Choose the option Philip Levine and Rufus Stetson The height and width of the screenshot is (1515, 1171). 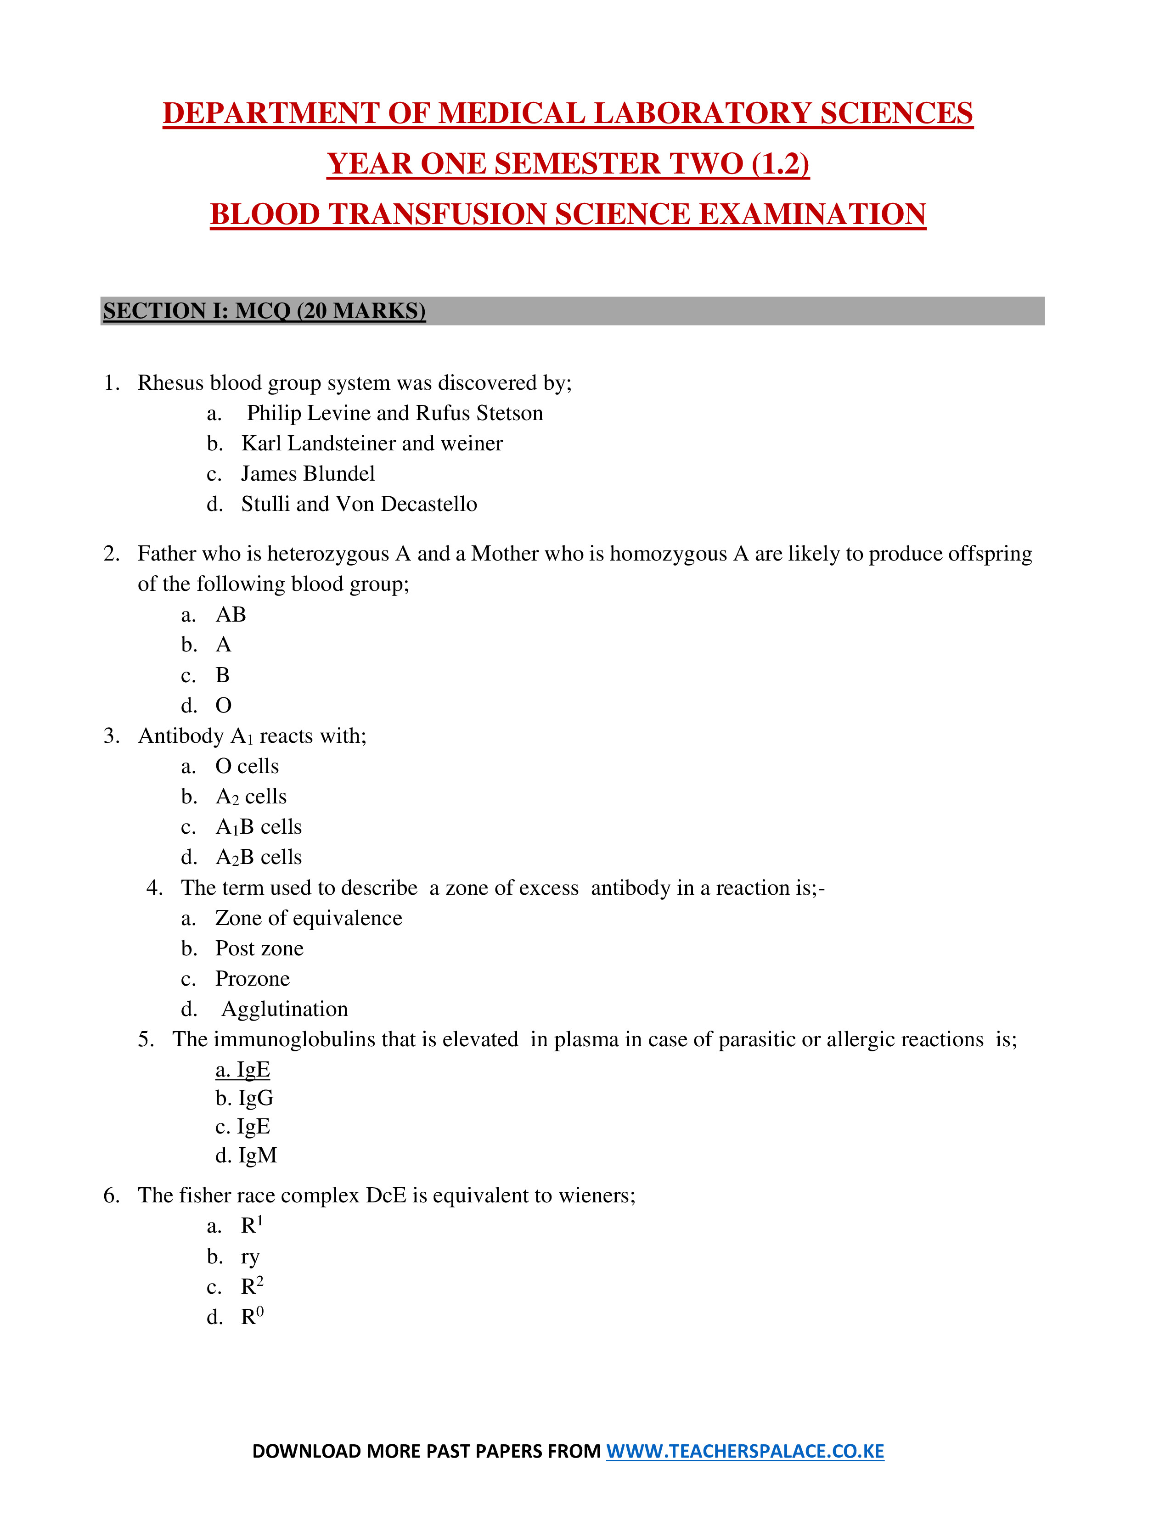click(394, 414)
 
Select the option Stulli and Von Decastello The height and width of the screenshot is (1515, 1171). click(359, 504)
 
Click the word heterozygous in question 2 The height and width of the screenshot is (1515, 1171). click(327, 554)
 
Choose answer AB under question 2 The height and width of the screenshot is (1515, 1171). click(231, 615)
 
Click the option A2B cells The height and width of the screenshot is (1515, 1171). click(258, 858)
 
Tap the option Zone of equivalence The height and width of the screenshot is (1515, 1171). click(308, 919)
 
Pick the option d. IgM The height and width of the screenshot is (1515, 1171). click(246, 1156)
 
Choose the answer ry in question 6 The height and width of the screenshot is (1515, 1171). click(250, 1257)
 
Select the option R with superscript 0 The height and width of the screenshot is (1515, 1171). click(251, 1317)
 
